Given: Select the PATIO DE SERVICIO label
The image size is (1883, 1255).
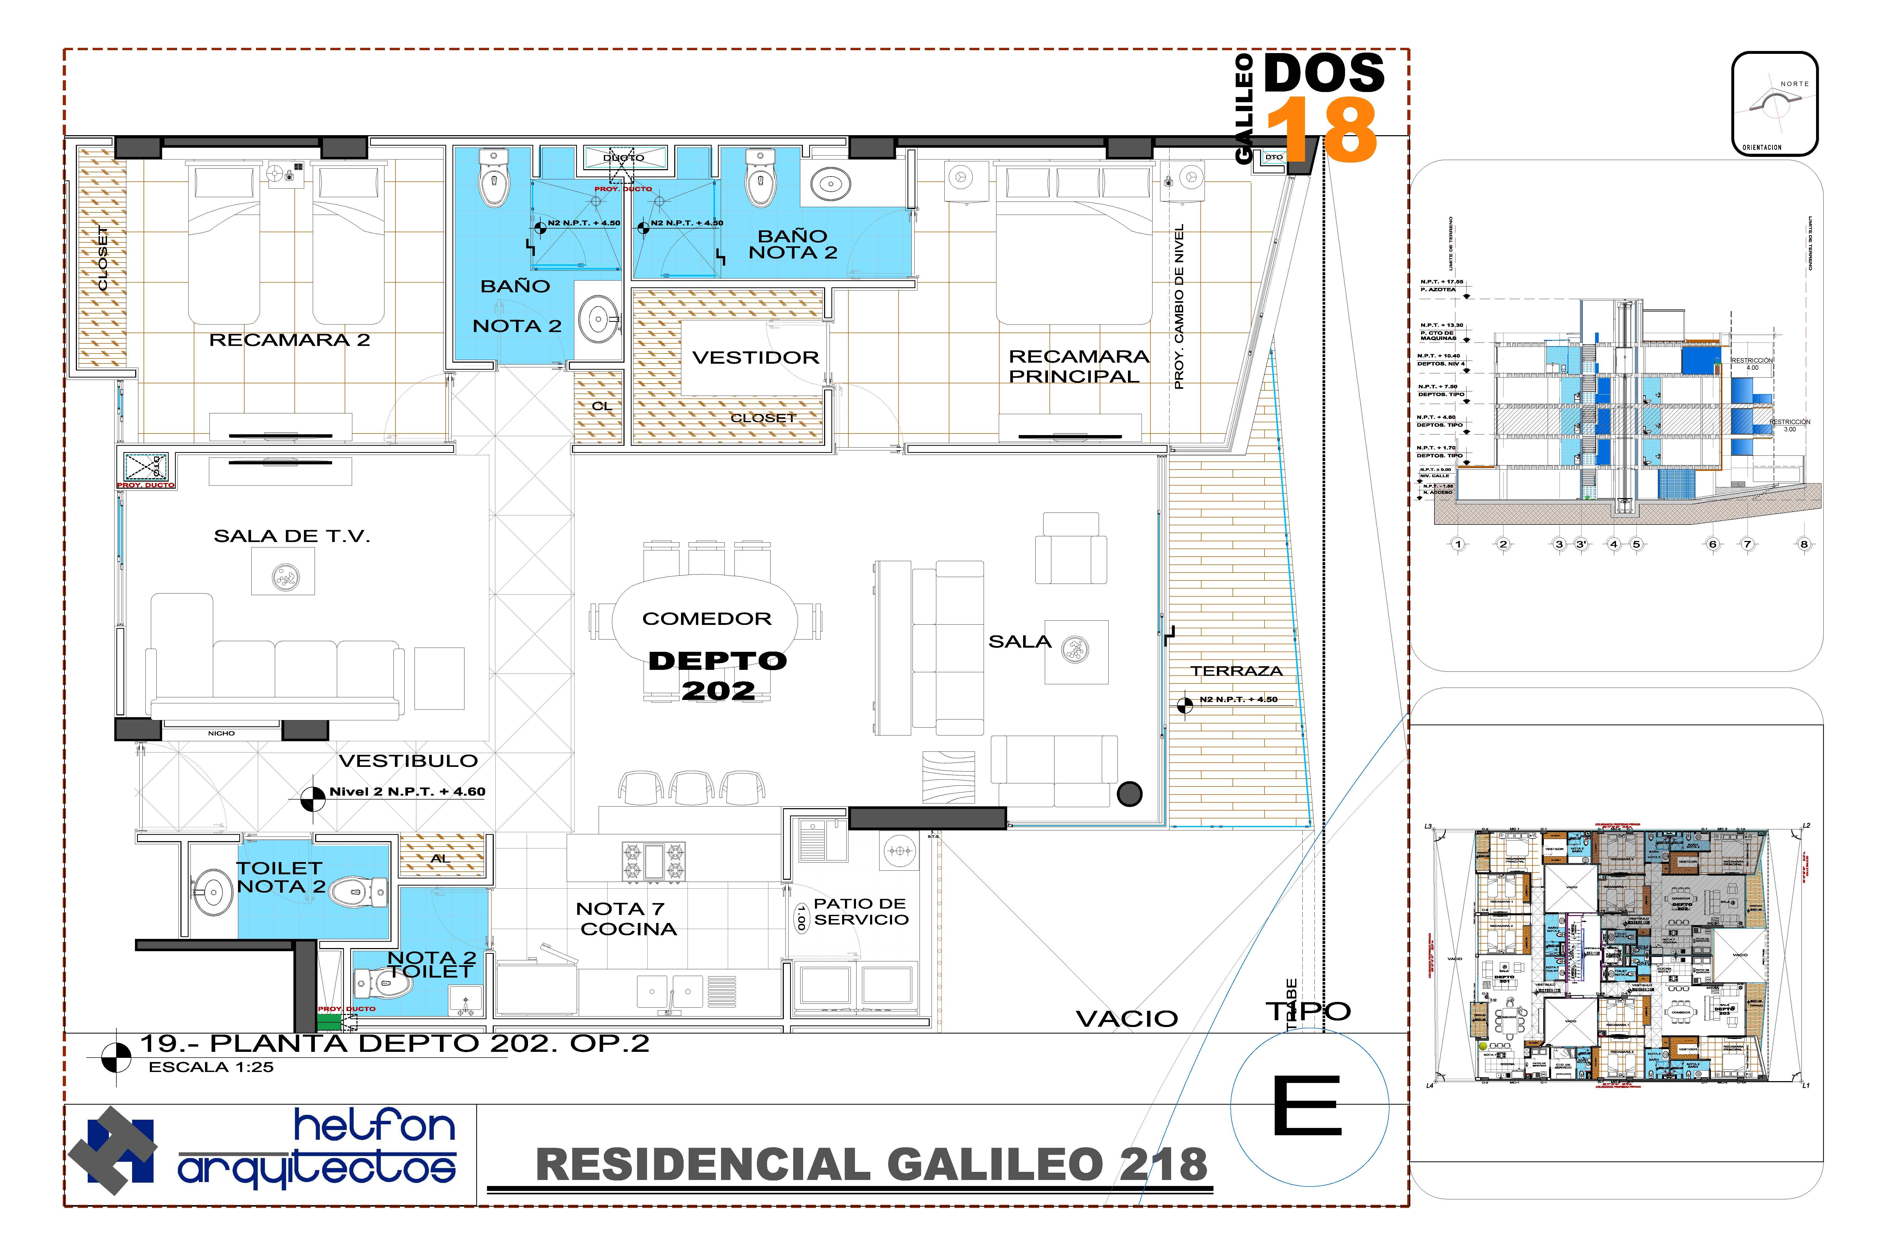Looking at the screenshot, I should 861,912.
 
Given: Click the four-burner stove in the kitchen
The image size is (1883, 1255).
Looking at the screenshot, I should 653,861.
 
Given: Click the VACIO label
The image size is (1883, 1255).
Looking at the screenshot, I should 1126,1019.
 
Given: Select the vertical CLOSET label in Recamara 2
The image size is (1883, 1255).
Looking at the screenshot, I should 103,258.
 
